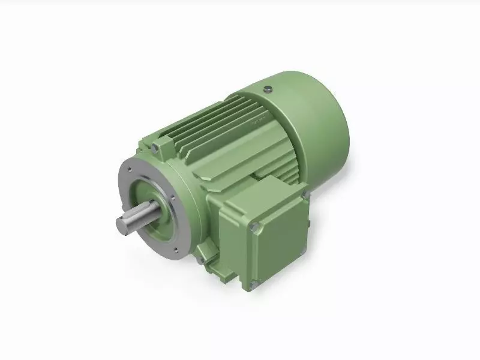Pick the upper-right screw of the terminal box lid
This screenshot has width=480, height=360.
304,194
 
